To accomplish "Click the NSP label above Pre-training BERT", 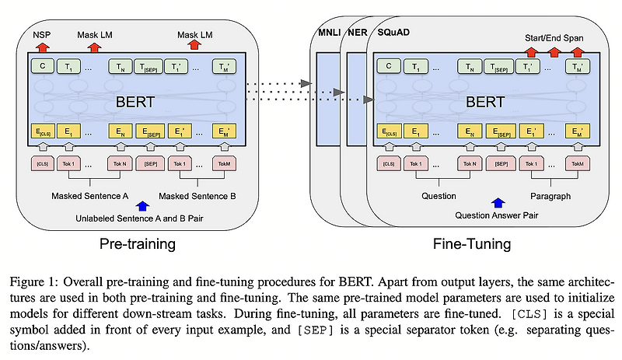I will pos(42,35).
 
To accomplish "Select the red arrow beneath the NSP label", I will pos(42,47).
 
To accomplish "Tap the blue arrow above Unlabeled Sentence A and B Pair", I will pos(142,205).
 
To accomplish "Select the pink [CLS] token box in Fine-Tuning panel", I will pos(387,164).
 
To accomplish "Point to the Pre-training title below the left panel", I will pos(137,244).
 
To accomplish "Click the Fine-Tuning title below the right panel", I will pos(472,244).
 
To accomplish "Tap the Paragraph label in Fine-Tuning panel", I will pos(550,196).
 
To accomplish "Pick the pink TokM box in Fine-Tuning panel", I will pos(575,164).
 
